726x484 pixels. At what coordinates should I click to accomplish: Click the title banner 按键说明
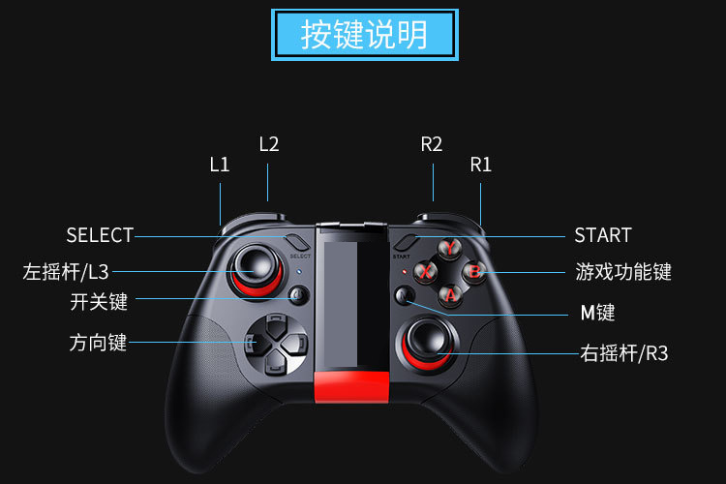[364, 34]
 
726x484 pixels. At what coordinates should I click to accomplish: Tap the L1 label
[220, 164]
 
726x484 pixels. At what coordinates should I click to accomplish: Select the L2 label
[269, 144]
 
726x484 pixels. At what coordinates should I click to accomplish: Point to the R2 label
[432, 144]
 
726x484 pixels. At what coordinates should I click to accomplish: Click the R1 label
[481, 164]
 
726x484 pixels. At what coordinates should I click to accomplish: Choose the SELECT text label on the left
[100, 235]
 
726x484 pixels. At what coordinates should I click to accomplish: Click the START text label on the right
[602, 235]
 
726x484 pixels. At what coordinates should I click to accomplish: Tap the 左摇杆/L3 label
[66, 271]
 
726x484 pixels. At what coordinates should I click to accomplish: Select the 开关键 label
[99, 302]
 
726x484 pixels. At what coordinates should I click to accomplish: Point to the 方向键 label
[98, 343]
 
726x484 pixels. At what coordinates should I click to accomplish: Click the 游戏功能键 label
[623, 271]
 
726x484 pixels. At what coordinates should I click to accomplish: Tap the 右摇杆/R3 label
[626, 353]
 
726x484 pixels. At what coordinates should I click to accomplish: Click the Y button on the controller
[451, 248]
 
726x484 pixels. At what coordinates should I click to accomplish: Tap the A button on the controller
[451, 293]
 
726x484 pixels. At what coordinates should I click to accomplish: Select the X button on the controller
[426, 271]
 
